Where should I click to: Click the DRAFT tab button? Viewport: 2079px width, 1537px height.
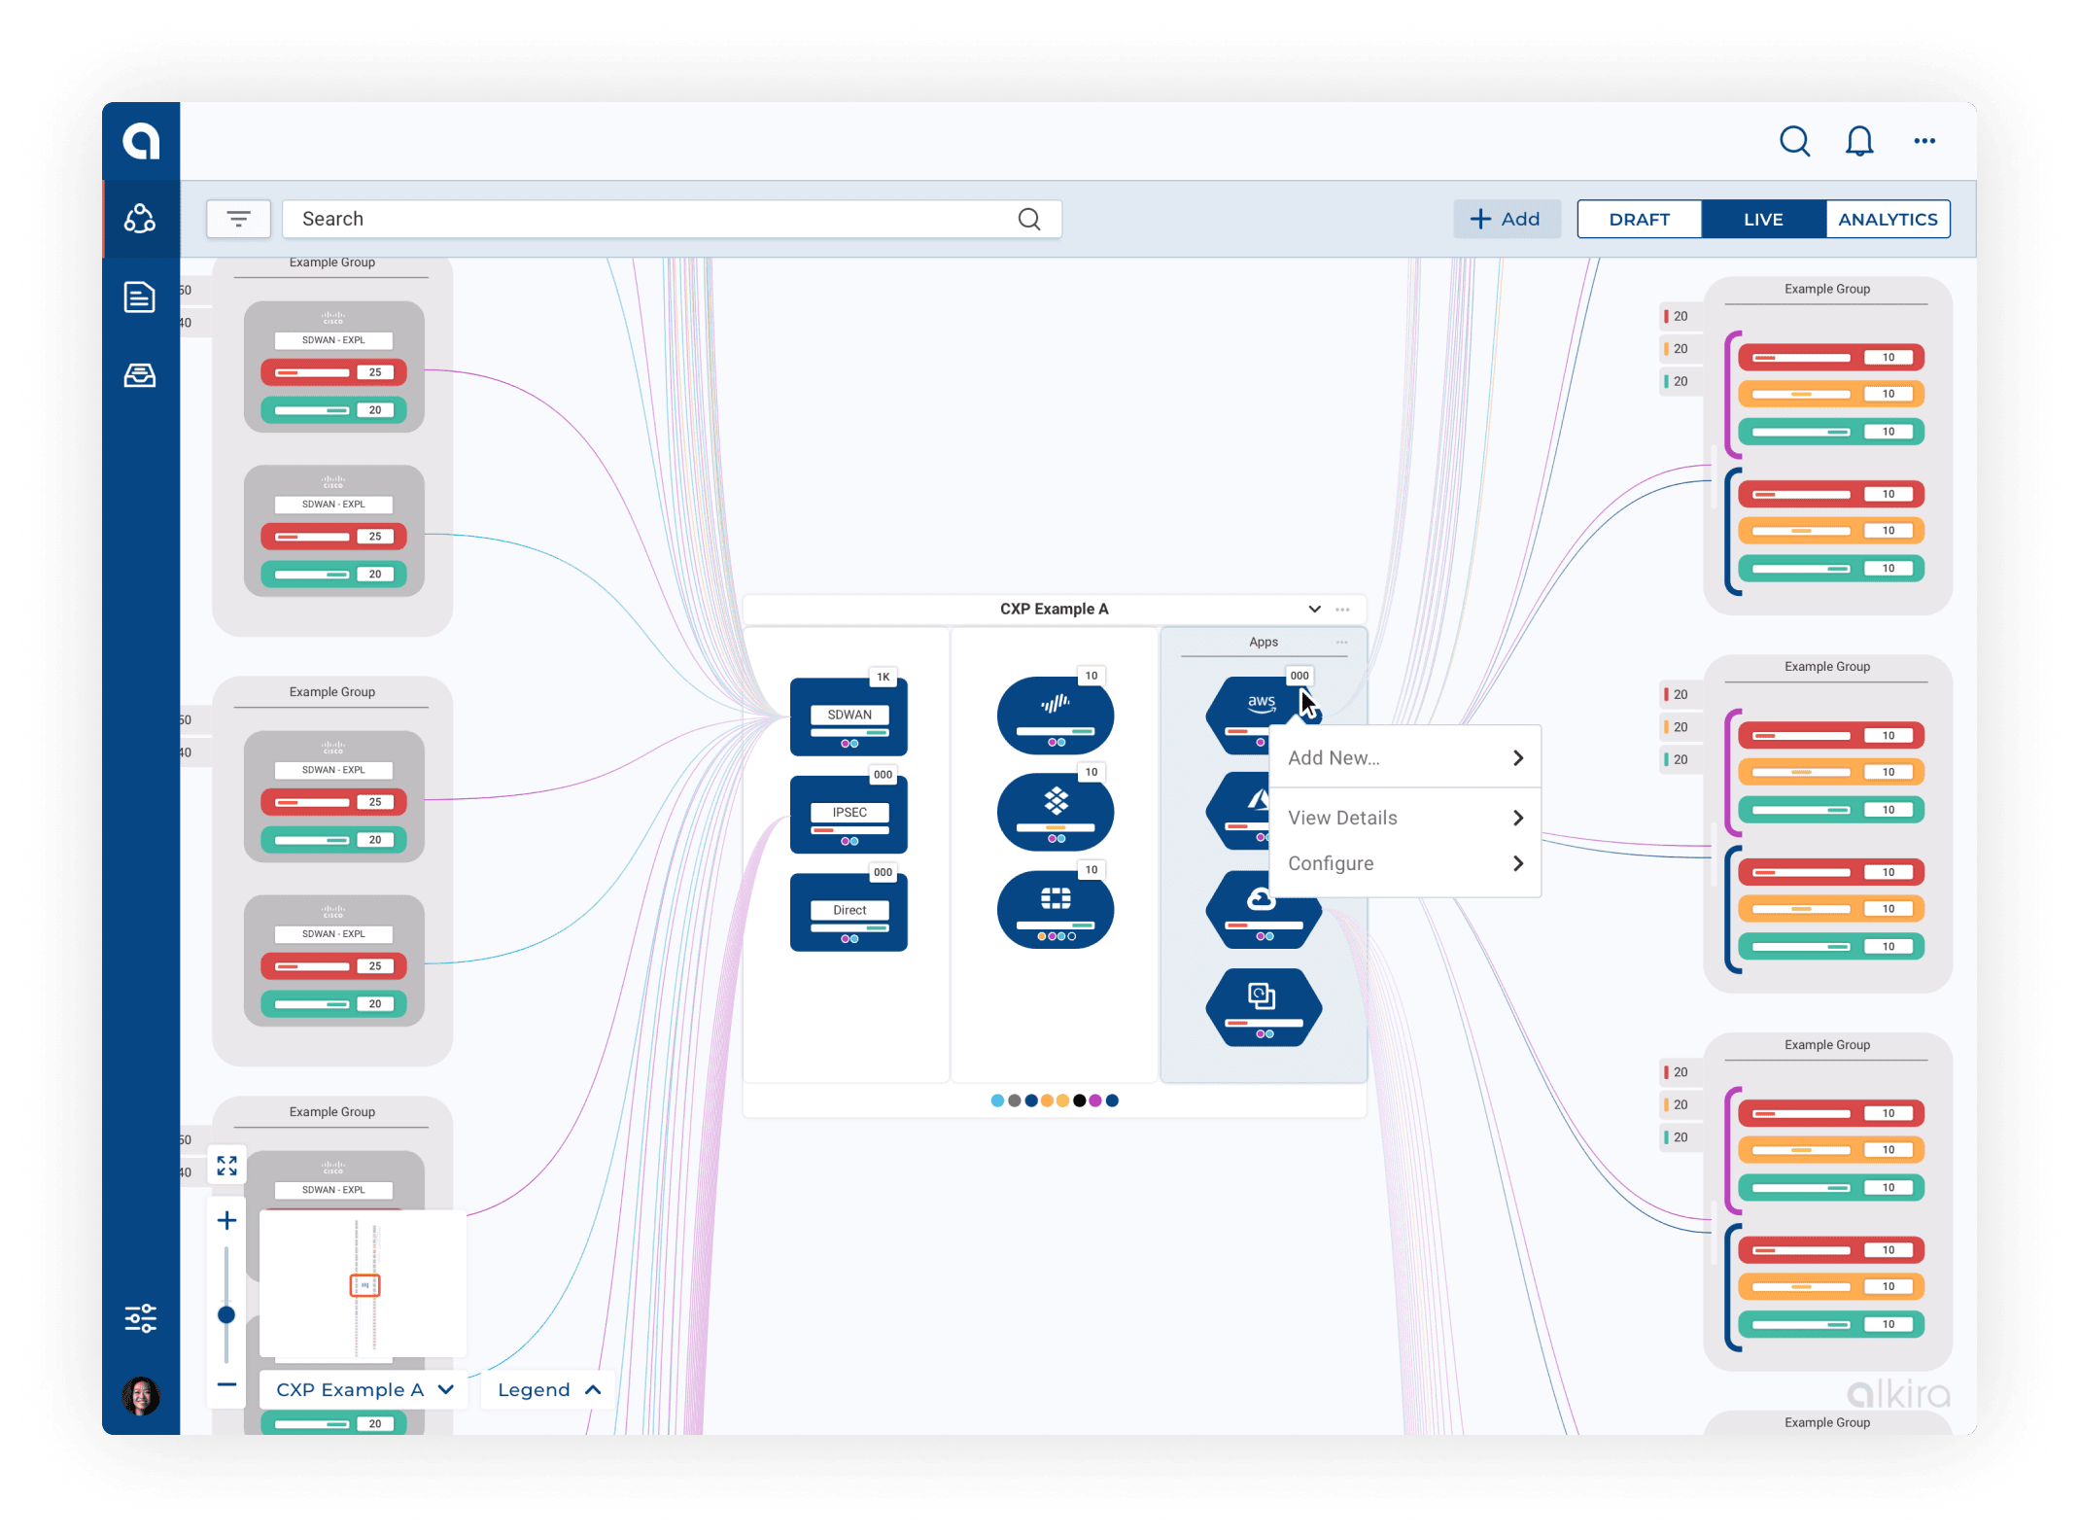[1639, 219]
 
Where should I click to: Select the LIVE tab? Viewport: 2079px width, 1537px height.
[1762, 219]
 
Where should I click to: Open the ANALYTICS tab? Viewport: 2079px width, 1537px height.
[1887, 219]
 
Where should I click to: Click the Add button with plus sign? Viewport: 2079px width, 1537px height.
[1506, 219]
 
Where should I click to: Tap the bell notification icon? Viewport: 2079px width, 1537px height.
[1858, 142]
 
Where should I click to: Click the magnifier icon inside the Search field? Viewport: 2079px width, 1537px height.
[1028, 219]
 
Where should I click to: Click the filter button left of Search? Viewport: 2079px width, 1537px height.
[238, 219]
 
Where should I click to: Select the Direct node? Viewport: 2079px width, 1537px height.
[849, 912]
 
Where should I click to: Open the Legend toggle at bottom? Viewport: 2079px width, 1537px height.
[549, 1389]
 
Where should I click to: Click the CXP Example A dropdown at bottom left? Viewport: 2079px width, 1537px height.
[364, 1389]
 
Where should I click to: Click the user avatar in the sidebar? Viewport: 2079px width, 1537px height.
[141, 1396]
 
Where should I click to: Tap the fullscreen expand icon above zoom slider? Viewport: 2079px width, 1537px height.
[226, 1165]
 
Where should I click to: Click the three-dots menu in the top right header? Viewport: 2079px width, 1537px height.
[1923, 142]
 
